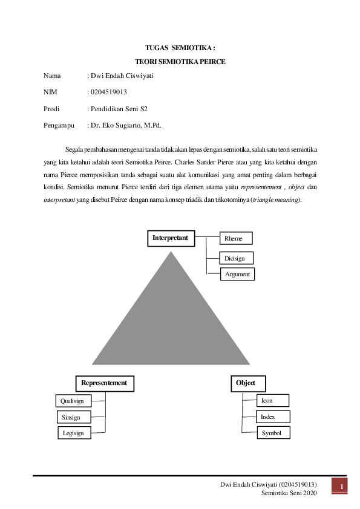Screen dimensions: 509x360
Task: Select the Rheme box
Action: (x=235, y=239)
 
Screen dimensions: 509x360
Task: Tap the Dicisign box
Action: (x=236, y=258)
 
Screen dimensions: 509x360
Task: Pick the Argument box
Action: (x=237, y=274)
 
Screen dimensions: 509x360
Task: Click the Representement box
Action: (x=104, y=383)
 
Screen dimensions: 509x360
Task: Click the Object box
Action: (x=247, y=383)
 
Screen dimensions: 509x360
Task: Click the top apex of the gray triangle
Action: (x=171, y=251)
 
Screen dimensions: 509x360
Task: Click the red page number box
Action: (x=341, y=487)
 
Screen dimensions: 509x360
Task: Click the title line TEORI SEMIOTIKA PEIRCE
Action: (x=180, y=62)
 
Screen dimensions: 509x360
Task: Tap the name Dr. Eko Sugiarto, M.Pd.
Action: (x=126, y=126)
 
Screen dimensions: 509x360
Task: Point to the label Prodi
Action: (x=52, y=109)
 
